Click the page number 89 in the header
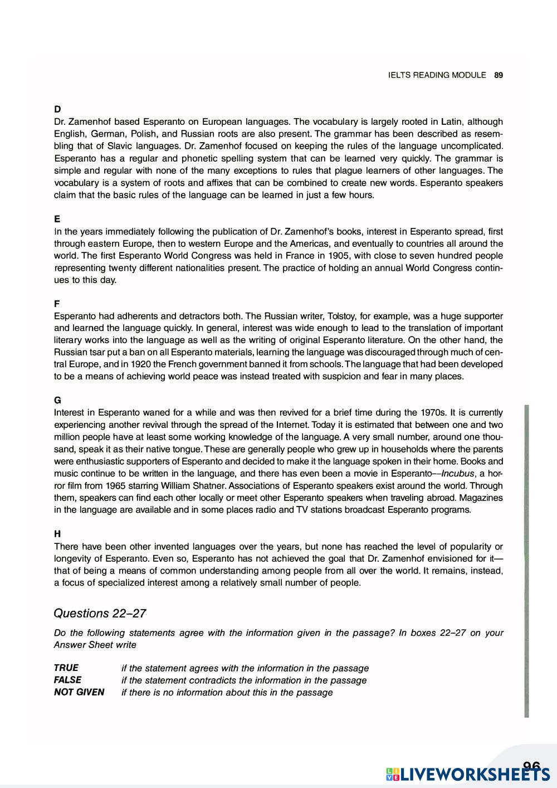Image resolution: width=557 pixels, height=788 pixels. [x=499, y=75]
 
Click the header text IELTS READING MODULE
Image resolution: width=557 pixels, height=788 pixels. [x=437, y=75]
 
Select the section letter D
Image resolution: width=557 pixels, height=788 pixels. [x=57, y=109]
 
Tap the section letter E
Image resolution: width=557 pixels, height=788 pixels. [x=57, y=219]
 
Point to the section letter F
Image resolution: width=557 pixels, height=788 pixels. [x=57, y=304]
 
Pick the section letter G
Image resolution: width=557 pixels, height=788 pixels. [x=57, y=400]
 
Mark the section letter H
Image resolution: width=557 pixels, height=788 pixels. [x=57, y=534]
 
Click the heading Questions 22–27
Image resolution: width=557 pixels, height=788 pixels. [x=100, y=614]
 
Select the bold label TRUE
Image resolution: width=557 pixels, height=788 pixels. [x=66, y=668]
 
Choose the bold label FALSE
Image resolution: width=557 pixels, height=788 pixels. [x=67, y=680]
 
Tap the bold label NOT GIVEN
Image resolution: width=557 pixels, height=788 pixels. [x=79, y=692]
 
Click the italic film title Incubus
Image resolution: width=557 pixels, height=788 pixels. [x=458, y=474]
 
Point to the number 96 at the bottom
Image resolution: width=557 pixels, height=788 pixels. [x=532, y=767]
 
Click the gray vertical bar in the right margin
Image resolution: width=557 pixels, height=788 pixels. [x=526, y=560]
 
